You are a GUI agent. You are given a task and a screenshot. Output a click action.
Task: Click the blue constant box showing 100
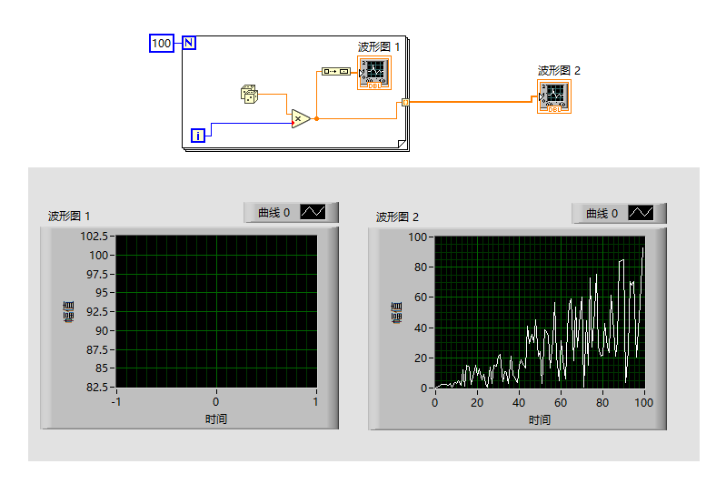[162, 44]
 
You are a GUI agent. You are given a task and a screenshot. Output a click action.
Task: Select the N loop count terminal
[189, 43]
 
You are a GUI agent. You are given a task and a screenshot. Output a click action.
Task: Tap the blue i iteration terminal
[198, 136]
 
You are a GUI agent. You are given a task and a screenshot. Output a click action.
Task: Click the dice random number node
[249, 94]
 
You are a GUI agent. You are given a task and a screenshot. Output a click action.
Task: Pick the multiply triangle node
[300, 119]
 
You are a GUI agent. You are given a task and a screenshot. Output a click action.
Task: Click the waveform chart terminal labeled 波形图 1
[374, 73]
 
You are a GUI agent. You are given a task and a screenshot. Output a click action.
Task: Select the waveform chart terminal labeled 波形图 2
[554, 96]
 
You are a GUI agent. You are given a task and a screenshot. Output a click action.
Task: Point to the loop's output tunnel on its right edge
[405, 103]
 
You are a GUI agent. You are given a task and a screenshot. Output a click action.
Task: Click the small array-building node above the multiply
[335, 71]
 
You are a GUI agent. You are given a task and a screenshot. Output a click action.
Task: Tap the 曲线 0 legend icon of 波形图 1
[313, 212]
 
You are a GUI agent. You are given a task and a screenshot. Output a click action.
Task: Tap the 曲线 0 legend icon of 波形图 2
[641, 213]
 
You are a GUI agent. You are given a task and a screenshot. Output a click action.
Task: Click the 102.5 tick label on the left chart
[94, 237]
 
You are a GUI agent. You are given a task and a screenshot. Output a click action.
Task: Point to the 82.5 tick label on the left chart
[97, 387]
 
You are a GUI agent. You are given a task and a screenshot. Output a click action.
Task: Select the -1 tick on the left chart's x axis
[116, 402]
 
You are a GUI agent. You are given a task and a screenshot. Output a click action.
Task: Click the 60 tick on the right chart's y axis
[421, 297]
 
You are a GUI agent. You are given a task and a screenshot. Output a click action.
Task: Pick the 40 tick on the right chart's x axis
[519, 403]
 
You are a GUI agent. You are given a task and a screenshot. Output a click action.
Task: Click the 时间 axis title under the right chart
[540, 420]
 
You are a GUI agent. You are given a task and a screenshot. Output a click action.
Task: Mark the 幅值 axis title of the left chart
[68, 312]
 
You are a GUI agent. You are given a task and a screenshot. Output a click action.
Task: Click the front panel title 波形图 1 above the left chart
[69, 216]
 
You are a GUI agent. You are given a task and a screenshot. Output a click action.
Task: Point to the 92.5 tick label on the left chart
[97, 312]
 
